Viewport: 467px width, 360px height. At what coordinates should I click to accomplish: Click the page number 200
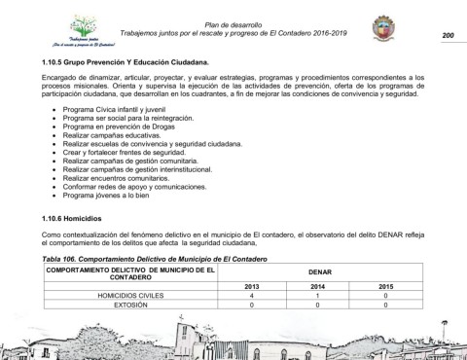pos(448,37)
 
